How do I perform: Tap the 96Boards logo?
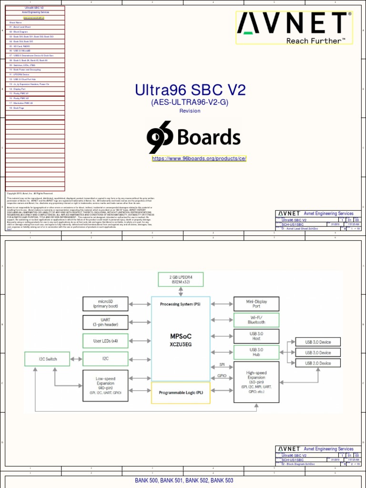pos(193,137)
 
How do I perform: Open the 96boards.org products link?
pos(199,159)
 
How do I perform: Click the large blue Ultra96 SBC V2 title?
pos(190,90)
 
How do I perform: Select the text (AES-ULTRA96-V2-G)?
pos(190,102)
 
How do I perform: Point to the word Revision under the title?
pos(190,111)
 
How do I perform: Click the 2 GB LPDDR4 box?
pos(181,279)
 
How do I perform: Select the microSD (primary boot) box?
pos(105,304)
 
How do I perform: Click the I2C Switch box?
pos(47,358)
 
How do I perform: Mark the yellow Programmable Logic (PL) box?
pos(181,392)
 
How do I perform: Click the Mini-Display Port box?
pos(256,304)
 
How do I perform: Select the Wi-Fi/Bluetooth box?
pos(256,320)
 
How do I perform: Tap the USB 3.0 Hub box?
pos(256,352)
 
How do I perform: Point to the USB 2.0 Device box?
pos(318,363)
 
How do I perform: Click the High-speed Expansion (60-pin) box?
pos(256,382)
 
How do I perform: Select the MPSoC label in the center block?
pos(181,336)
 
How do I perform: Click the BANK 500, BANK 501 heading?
pos(184,481)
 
